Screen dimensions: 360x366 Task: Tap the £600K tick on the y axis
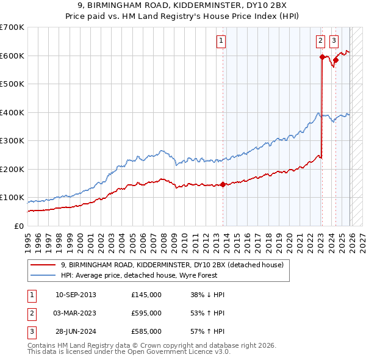(x=12, y=56)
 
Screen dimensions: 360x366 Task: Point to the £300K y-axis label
(x=12, y=141)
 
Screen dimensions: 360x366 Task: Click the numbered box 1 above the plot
(x=220, y=41)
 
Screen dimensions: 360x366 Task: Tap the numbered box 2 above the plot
(x=321, y=41)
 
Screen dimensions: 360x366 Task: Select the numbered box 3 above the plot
(x=334, y=41)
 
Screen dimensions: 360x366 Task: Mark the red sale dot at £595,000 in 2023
(x=321, y=57)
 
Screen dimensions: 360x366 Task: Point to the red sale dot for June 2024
(x=335, y=60)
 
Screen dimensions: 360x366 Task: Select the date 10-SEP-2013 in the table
(x=76, y=295)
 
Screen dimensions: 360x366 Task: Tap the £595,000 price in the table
(x=146, y=313)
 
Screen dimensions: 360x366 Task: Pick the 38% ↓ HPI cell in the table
(x=207, y=295)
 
